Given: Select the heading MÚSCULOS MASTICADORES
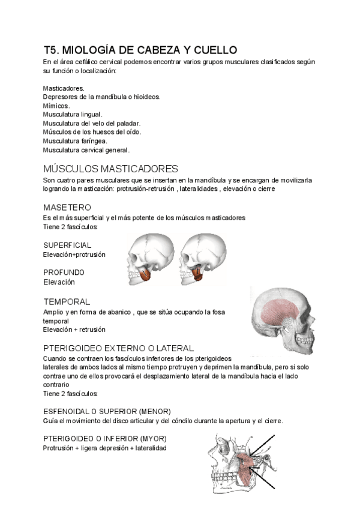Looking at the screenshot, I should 110,168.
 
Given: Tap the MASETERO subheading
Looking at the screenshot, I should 67,207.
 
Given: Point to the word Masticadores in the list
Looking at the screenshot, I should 64,88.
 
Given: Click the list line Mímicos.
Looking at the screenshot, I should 56,105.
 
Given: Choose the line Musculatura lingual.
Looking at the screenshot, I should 73,114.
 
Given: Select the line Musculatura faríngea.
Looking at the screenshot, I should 75,140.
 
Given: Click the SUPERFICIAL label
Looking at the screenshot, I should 67,245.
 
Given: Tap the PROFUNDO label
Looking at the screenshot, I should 64,272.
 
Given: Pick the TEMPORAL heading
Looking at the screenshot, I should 67,301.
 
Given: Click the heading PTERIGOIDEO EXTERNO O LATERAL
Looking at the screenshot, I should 118,348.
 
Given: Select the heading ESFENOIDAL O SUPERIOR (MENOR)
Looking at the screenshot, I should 107,411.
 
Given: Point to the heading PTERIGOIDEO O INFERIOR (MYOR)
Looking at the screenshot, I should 105,438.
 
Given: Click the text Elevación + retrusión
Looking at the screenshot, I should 74,330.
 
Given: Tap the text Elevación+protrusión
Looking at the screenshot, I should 74,254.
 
